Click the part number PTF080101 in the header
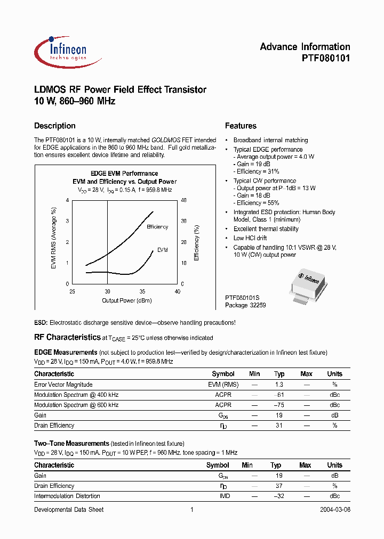coord(322,59)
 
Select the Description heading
coord(55,126)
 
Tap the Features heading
coord(241,126)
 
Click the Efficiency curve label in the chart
coord(157,227)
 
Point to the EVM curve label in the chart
coord(162,250)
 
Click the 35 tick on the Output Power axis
coord(142,291)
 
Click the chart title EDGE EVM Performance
coord(124,174)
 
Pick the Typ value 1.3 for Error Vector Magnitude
coord(278,385)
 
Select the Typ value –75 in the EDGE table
coord(278,405)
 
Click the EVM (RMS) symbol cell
coord(223,385)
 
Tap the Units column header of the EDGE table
coord(334,374)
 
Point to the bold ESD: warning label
coord(41,323)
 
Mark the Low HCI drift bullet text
coord(250,238)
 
